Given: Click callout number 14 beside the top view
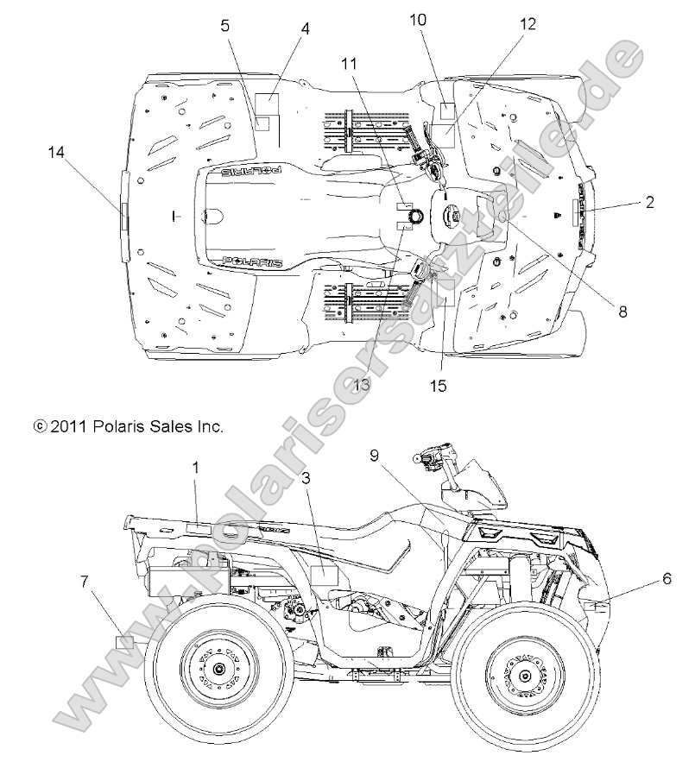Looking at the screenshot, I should (x=56, y=153).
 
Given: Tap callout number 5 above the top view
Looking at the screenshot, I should (x=225, y=26).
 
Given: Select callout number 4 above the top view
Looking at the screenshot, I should (x=305, y=28).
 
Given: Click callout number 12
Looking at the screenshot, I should (x=528, y=25).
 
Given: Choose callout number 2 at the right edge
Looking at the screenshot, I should (x=649, y=204).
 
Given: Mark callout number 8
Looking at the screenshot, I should (x=622, y=313).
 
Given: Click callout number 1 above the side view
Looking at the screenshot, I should (x=196, y=467).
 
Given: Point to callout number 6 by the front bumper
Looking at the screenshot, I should (x=667, y=579).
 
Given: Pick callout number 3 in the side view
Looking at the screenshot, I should (x=306, y=476).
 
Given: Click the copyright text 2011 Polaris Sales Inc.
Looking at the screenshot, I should (x=128, y=426).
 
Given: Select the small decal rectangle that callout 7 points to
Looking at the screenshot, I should (x=124, y=643).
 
